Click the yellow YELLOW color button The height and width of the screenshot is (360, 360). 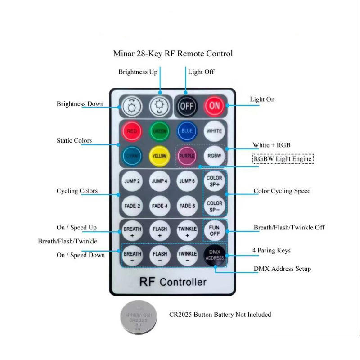click(159, 156)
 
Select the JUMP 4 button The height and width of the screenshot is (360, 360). click(159, 181)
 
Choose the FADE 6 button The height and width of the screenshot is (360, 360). click(187, 206)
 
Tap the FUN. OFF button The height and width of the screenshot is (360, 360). click(214, 230)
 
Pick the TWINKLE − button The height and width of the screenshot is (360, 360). click(187, 256)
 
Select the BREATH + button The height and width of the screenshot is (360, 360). click(132, 231)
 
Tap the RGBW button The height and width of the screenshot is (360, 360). click(214, 156)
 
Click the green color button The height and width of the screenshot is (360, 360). click(159, 131)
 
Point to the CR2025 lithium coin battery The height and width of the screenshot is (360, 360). click(139, 317)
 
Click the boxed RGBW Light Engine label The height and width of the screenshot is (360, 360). click(283, 159)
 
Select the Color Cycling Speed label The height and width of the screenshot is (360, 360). click(282, 191)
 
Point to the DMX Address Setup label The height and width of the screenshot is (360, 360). click(282, 269)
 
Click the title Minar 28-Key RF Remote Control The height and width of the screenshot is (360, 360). click(173, 54)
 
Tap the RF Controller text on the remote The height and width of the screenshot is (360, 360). click(173, 283)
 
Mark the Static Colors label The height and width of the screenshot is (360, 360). click(74, 141)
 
